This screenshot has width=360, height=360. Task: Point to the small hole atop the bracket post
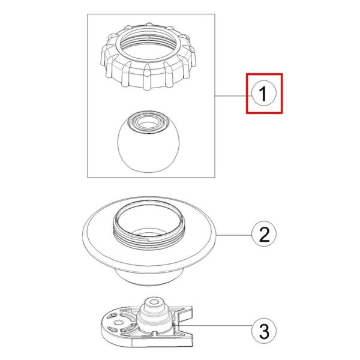pyautogui.click(x=154, y=301)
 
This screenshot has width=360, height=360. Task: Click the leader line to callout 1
pyautogui.click(x=233, y=95)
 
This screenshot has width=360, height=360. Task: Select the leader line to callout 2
pyautogui.click(x=234, y=235)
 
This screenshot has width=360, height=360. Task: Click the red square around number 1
pyautogui.click(x=247, y=93)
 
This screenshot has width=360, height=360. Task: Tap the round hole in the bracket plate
pyautogui.click(x=118, y=323)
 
